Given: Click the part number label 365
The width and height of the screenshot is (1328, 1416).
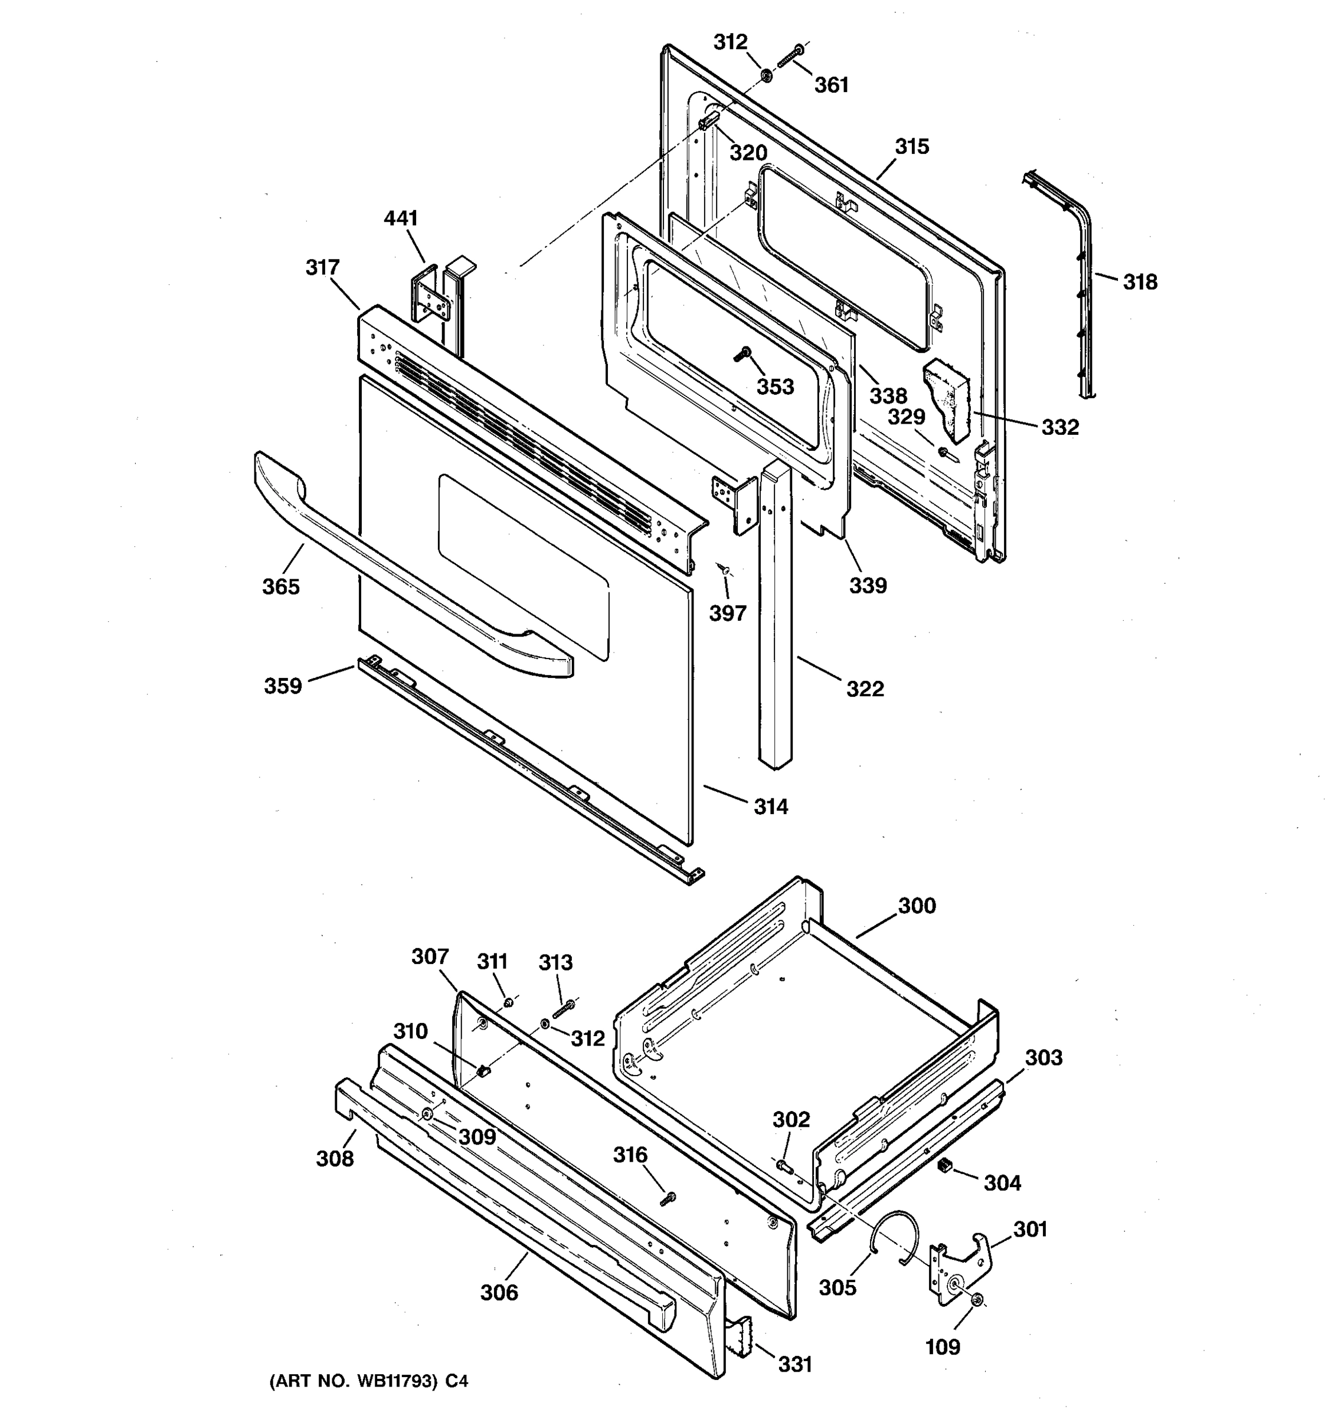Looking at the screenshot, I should pyautogui.click(x=281, y=587).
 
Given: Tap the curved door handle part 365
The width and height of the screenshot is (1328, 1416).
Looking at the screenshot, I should pyautogui.click(x=399, y=563).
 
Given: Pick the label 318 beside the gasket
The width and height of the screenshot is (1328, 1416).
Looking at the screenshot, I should pyautogui.click(x=1140, y=282).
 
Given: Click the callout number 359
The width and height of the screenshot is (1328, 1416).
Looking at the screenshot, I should pyautogui.click(x=283, y=686).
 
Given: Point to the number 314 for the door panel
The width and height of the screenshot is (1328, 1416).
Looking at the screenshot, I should pyautogui.click(x=771, y=807).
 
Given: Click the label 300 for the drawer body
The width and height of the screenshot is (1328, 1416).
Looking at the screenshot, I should pyautogui.click(x=916, y=906).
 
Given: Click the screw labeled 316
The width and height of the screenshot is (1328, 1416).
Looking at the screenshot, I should pyautogui.click(x=668, y=1199).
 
